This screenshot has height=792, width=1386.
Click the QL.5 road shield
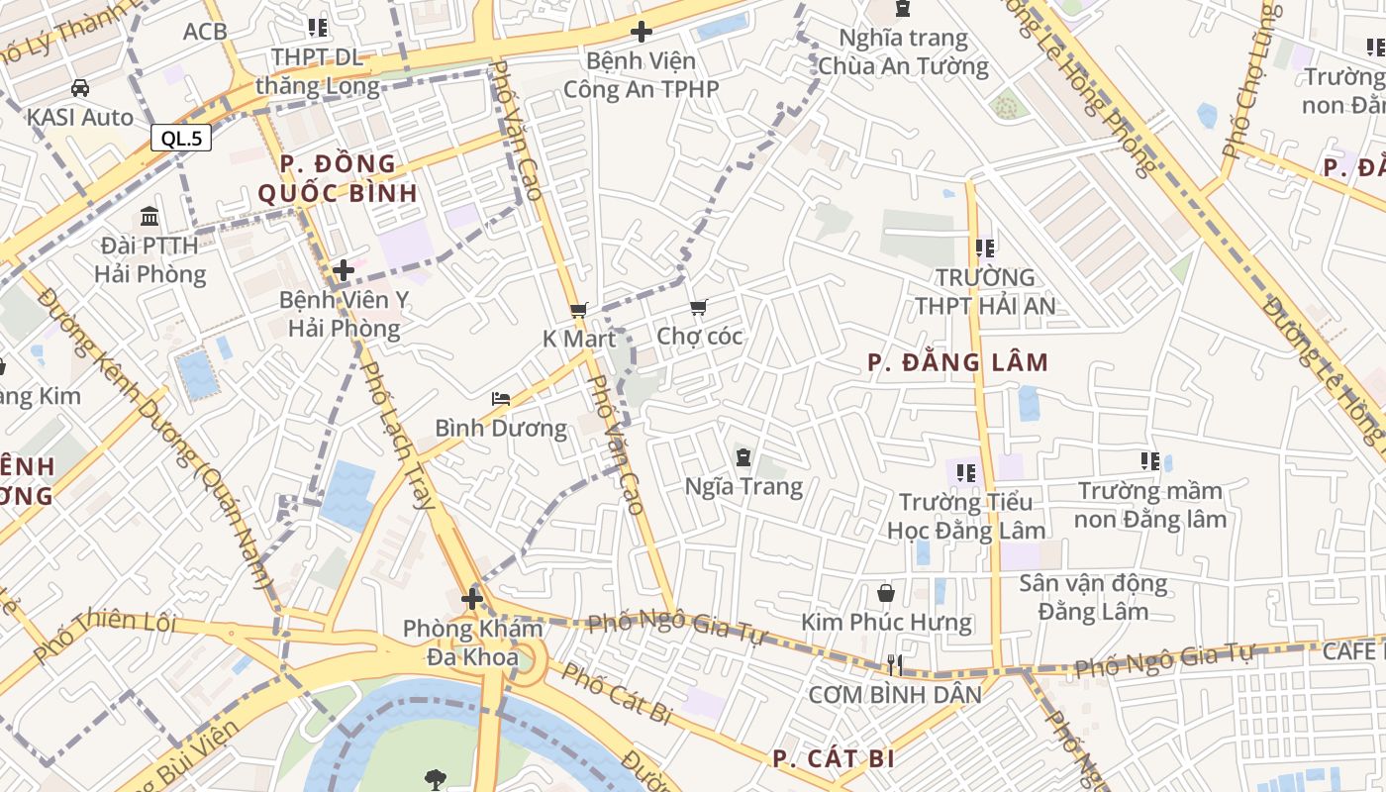click(x=182, y=138)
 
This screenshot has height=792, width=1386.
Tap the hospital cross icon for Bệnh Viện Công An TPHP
click(x=642, y=32)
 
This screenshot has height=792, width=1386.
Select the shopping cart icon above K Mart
click(x=579, y=310)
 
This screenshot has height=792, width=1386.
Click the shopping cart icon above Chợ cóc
click(x=699, y=308)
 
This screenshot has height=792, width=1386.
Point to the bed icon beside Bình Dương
click(x=501, y=399)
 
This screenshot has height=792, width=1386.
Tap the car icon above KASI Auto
click(x=80, y=88)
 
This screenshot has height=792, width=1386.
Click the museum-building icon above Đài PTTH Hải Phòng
click(x=149, y=216)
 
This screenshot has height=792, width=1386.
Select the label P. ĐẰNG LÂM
click(x=957, y=362)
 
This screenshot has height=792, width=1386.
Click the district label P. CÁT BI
click(x=834, y=758)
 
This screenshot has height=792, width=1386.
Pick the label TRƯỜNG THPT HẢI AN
click(x=985, y=291)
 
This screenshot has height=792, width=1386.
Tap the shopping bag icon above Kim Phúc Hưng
click(x=886, y=593)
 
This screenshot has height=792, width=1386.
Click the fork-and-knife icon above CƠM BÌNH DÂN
click(x=895, y=664)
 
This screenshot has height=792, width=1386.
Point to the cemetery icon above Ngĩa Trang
click(x=743, y=457)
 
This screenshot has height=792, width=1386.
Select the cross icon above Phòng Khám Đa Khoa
click(x=472, y=598)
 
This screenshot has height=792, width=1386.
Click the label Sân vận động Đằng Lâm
click(x=1093, y=597)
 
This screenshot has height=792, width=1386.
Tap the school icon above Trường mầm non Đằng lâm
click(x=1149, y=460)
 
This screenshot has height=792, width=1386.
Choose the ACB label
click(x=205, y=32)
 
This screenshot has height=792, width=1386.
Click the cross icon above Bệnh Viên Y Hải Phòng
click(x=344, y=269)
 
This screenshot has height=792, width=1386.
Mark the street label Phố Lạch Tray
click(x=398, y=436)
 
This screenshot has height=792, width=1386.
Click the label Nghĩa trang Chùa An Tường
click(x=903, y=52)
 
